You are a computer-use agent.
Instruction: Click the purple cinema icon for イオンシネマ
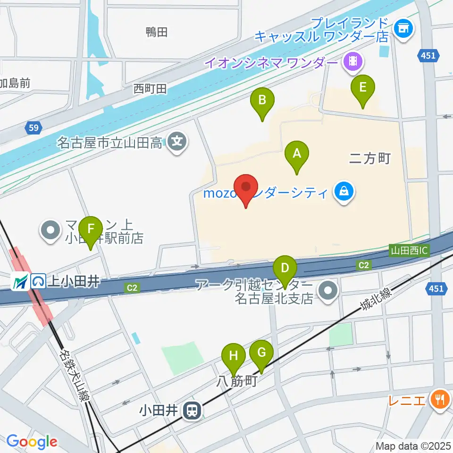point(352,61)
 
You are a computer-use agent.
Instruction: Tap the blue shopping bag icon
point(344,192)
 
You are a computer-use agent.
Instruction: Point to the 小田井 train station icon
point(193,410)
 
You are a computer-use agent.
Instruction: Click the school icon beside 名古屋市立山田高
point(177,141)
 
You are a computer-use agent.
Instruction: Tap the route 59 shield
point(33,128)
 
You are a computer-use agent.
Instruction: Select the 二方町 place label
point(369,159)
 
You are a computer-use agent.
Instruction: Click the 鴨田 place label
point(157,32)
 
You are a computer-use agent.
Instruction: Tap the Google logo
point(32,442)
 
